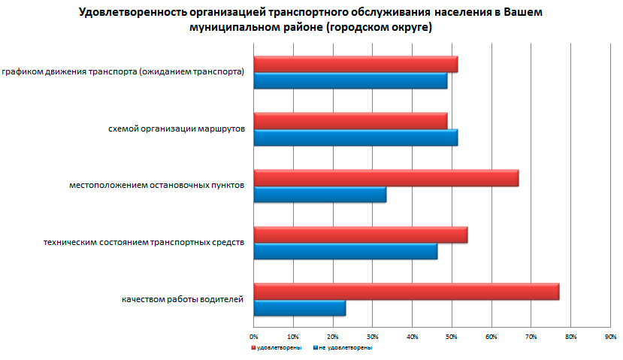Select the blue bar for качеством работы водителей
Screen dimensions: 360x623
click(300, 308)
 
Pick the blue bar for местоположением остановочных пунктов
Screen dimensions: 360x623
click(319, 195)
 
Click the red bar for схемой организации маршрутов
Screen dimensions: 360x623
click(350, 121)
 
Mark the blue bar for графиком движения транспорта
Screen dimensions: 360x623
click(350, 81)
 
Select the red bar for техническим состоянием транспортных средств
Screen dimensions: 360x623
click(361, 234)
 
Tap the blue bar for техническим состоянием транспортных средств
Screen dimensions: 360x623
click(345, 251)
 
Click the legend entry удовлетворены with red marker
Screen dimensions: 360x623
click(277, 348)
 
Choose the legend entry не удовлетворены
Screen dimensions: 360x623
click(344, 348)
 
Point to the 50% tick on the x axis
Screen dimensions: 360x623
click(452, 335)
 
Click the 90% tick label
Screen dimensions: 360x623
click(610, 335)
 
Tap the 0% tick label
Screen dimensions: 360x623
click(254, 335)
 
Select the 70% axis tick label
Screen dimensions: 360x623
click(531, 335)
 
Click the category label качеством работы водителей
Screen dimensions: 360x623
click(183, 300)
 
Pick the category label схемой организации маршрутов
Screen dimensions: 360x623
click(177, 129)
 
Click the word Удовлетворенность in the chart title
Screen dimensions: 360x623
click(126, 13)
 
